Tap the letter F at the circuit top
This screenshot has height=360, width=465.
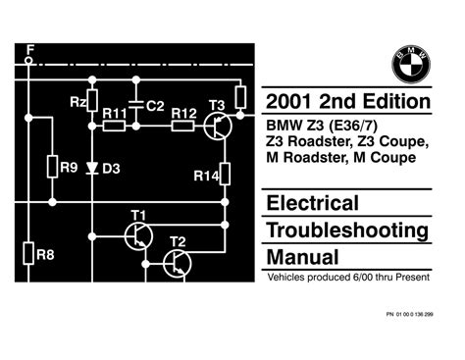pyautogui.click(x=29, y=47)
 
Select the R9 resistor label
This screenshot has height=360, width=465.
pyautogui.click(x=68, y=167)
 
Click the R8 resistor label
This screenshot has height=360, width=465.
pyautogui.click(x=43, y=253)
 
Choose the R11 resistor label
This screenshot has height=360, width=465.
pyautogui.click(x=114, y=112)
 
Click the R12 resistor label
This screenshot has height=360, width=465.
pyautogui.click(x=183, y=112)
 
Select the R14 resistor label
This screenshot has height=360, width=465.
pyautogui.click(x=205, y=175)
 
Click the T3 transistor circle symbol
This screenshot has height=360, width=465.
pyautogui.click(x=220, y=125)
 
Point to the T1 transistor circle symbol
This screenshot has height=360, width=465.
pyautogui.click(x=138, y=234)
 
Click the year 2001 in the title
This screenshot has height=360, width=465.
pyautogui.click(x=292, y=103)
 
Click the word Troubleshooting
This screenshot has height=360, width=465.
pyautogui.click(x=347, y=231)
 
